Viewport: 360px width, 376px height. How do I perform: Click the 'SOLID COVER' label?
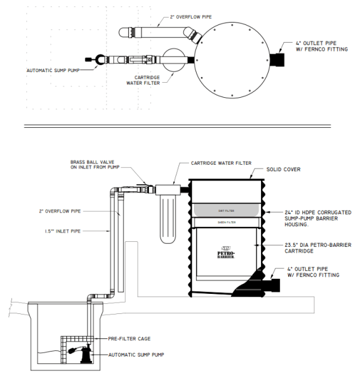tap(284, 170)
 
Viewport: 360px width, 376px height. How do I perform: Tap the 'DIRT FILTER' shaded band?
tap(225, 209)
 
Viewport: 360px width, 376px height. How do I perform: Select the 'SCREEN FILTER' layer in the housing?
tap(225, 221)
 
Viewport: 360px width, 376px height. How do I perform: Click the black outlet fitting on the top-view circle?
tap(276, 60)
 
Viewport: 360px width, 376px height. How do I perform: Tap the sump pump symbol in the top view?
tap(98, 60)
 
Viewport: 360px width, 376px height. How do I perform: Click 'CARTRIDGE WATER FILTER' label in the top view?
tap(143, 79)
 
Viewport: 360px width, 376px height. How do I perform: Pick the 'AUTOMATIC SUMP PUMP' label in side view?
tap(136, 355)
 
